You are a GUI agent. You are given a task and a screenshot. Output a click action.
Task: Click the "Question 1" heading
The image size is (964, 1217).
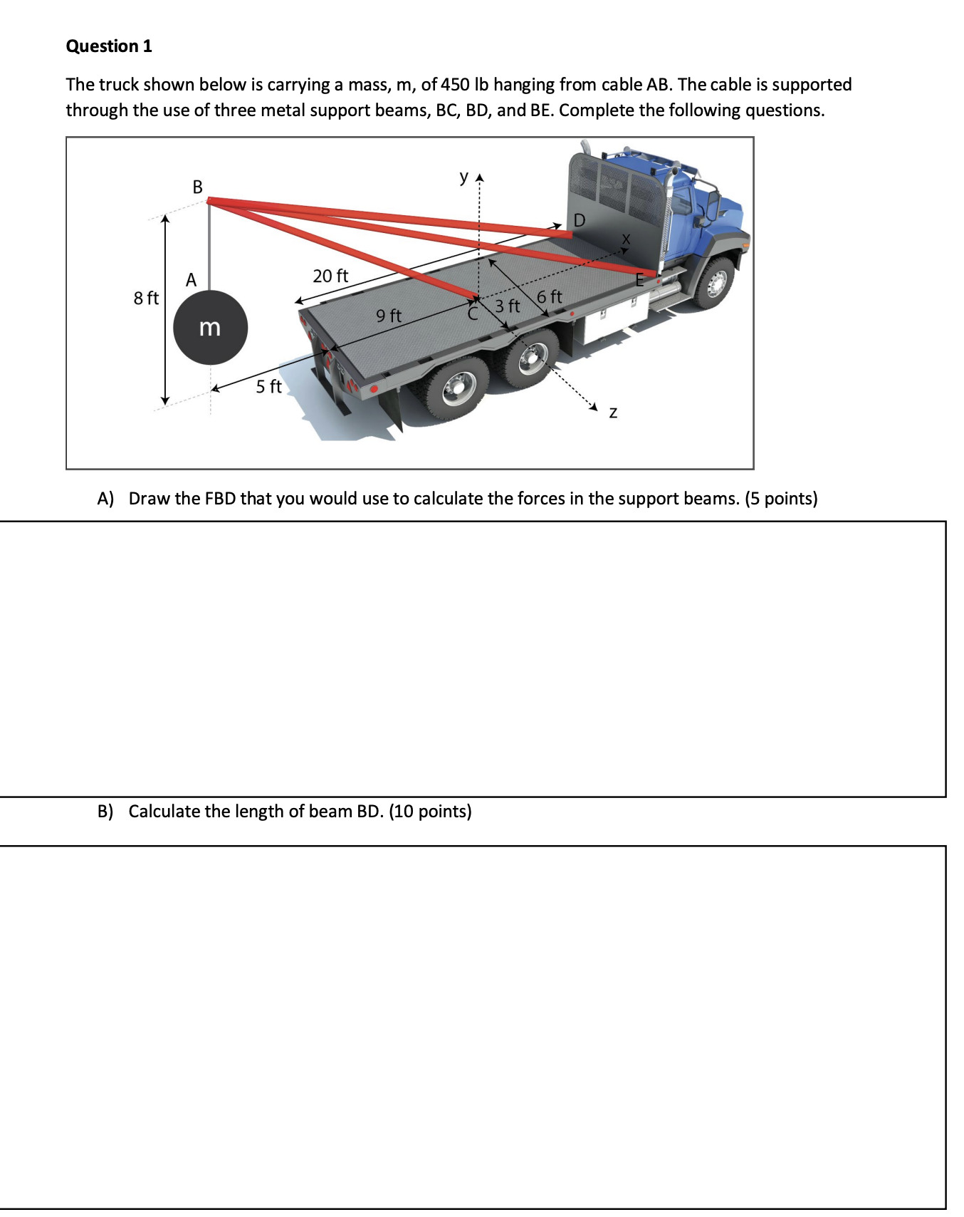pyautogui.click(x=108, y=46)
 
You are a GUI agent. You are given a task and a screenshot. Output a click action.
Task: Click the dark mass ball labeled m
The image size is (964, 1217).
pyautogui.click(x=210, y=328)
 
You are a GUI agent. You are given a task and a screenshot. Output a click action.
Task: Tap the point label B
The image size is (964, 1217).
pyautogui.click(x=198, y=187)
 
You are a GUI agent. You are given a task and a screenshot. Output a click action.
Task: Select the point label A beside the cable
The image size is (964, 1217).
pyautogui.click(x=191, y=280)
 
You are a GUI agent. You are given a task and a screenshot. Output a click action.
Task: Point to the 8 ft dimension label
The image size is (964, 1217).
pyautogui.click(x=146, y=298)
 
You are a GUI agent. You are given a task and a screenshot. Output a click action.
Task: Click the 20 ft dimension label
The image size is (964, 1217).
pyautogui.click(x=330, y=276)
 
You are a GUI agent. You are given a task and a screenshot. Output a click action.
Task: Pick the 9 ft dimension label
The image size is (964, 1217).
pyautogui.click(x=389, y=315)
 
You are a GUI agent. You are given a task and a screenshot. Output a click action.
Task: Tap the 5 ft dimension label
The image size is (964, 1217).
pyautogui.click(x=268, y=386)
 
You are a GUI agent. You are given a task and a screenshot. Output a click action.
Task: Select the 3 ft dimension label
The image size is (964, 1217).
pyautogui.click(x=508, y=306)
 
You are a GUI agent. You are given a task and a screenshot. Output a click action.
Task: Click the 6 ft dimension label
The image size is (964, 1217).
pyautogui.click(x=550, y=296)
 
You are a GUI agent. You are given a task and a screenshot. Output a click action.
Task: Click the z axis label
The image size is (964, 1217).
pyautogui.click(x=613, y=413)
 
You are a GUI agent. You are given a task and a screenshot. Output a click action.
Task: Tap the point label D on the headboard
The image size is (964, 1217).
pyautogui.click(x=579, y=220)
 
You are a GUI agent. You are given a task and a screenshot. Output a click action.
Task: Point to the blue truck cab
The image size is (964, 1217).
pyautogui.click(x=705, y=207)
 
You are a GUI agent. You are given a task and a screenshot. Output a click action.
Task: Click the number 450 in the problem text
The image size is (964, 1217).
pyautogui.click(x=455, y=85)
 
